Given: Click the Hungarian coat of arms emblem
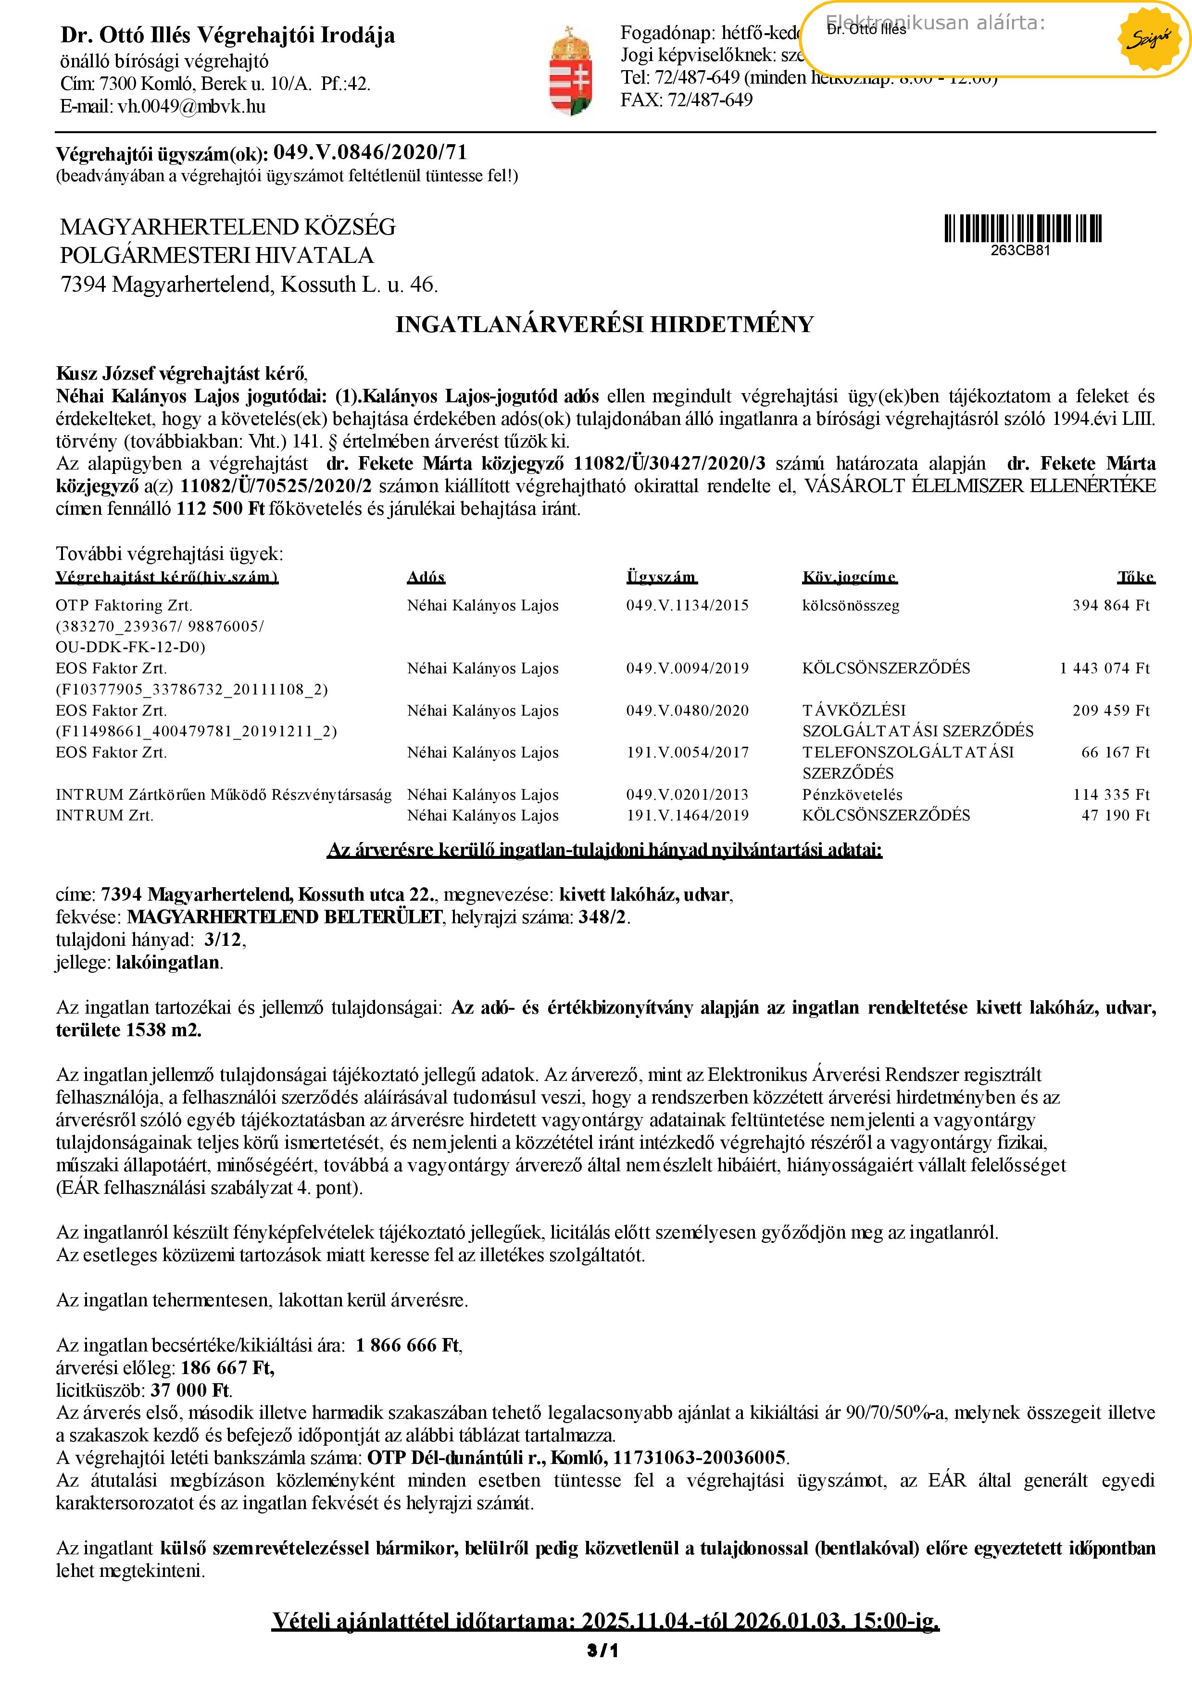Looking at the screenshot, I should point(571,71).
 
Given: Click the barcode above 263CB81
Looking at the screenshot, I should point(1022,228).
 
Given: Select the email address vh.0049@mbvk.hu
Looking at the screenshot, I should point(192,107).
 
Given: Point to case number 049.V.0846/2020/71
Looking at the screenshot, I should point(370,153).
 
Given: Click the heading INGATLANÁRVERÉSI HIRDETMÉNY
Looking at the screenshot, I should point(604,324).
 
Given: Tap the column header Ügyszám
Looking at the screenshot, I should point(661,577).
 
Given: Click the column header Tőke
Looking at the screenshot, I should point(1135,577).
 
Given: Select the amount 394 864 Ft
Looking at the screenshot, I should point(1110,606).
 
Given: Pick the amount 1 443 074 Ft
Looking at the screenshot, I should point(1104,668).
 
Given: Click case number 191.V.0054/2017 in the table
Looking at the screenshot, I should point(688,753).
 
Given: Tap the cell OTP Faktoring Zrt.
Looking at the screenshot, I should point(124,606).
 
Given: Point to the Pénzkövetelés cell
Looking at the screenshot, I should point(852,794).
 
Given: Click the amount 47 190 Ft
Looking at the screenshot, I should point(1115,815).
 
